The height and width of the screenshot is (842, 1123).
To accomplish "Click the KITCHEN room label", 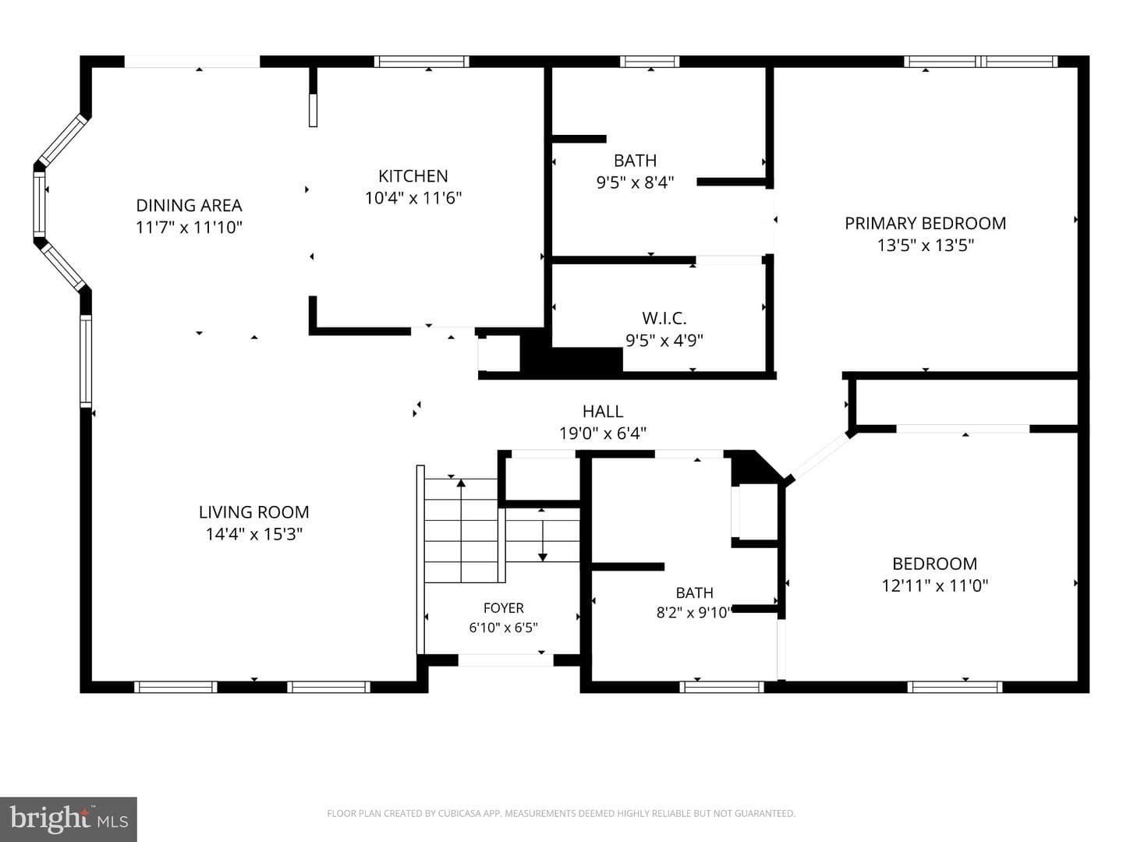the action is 413,176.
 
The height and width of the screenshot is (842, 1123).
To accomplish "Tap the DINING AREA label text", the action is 189,206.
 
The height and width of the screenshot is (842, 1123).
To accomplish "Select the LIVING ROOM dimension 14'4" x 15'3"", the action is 253,534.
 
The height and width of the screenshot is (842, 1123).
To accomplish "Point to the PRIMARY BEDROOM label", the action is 925,224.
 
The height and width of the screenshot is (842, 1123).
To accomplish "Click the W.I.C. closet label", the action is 664,319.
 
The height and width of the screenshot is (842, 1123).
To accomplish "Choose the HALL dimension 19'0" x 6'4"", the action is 603,433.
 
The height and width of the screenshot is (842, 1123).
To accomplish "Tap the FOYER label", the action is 504,608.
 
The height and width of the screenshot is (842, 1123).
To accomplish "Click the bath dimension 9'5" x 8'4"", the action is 635,182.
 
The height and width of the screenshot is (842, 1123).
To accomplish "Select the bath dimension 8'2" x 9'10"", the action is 694,613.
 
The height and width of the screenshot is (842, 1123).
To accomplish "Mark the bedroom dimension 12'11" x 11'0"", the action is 935,586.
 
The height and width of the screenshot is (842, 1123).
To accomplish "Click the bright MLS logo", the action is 68,819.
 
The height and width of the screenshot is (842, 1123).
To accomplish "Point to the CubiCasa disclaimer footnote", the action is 561,813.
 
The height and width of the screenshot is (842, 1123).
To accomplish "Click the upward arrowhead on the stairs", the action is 461,483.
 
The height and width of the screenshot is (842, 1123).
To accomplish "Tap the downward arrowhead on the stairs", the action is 543,557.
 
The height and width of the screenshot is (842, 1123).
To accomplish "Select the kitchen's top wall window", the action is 422,62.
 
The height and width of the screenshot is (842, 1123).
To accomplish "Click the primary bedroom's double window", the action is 980,62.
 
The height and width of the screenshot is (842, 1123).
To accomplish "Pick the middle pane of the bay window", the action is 40,204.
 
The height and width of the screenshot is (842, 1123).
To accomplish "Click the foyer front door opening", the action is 505,660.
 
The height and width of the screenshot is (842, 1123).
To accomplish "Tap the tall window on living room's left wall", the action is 86,362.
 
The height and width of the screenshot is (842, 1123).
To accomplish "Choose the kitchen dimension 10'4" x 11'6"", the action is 413,198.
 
